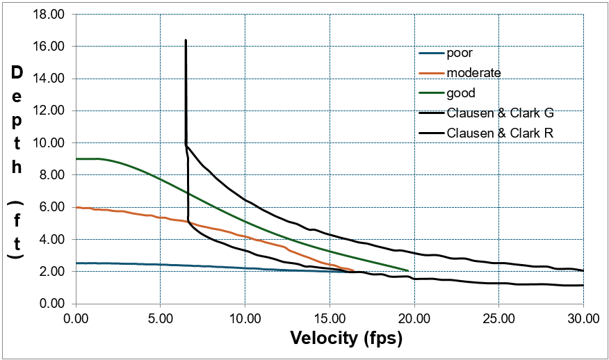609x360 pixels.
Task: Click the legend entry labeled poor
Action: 460,53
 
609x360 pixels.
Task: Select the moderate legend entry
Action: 473,72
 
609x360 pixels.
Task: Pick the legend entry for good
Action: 461,92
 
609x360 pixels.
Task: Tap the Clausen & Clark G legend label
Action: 500,113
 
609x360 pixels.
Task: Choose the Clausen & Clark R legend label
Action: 500,133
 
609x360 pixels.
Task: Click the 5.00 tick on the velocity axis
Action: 160,318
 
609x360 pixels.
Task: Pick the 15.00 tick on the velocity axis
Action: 330,318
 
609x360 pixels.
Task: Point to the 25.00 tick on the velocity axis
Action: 498,318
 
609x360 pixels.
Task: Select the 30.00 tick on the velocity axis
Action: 583,318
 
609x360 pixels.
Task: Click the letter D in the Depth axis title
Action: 17,72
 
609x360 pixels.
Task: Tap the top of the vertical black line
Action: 186,40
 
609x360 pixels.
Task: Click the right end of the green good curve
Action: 407,270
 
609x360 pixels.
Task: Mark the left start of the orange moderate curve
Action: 76,207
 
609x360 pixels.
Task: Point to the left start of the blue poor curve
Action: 76,263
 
